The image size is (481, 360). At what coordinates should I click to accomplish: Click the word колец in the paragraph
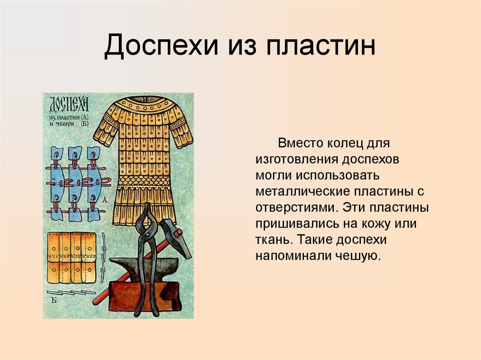347,142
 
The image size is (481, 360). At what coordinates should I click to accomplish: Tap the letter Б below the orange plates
54,299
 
